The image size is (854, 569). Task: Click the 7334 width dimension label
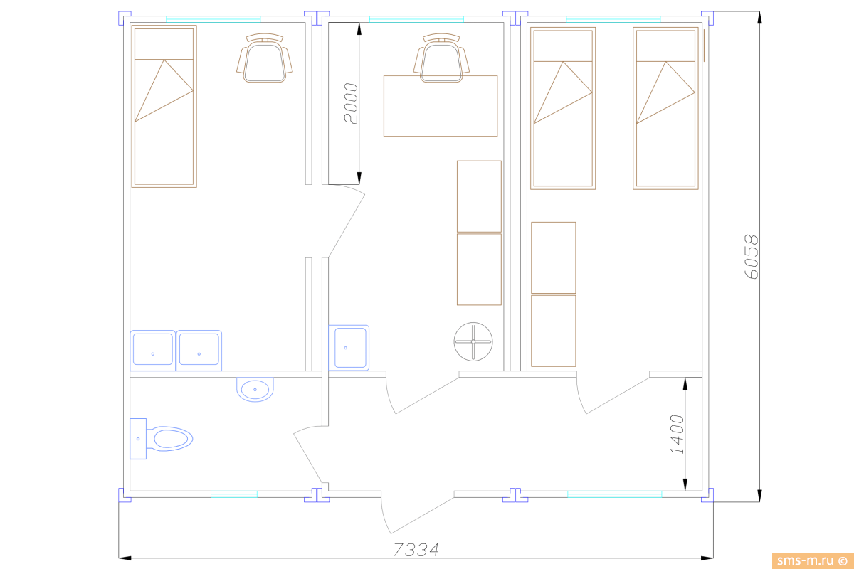pos(416,550)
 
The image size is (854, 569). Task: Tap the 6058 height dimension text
pos(751,257)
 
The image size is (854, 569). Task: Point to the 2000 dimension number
pos(350,103)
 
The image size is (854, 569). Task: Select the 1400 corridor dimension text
pos(677,434)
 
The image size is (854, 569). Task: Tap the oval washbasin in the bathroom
pos(255,389)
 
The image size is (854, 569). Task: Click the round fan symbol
pos(473,341)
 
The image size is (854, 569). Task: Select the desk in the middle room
pos(441,106)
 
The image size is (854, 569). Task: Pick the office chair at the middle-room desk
pos(441,58)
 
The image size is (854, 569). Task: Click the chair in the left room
pos(264,58)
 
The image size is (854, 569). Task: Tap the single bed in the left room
pos(164,106)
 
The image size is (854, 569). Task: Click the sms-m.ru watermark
pos(813,560)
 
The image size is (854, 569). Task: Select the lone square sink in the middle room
pos(349,348)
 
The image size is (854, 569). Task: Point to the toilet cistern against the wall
pos(138,439)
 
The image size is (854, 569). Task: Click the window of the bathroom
pos(234,494)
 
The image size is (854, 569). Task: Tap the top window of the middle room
pos(416,19)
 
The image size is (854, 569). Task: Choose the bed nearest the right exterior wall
pos(665,108)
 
